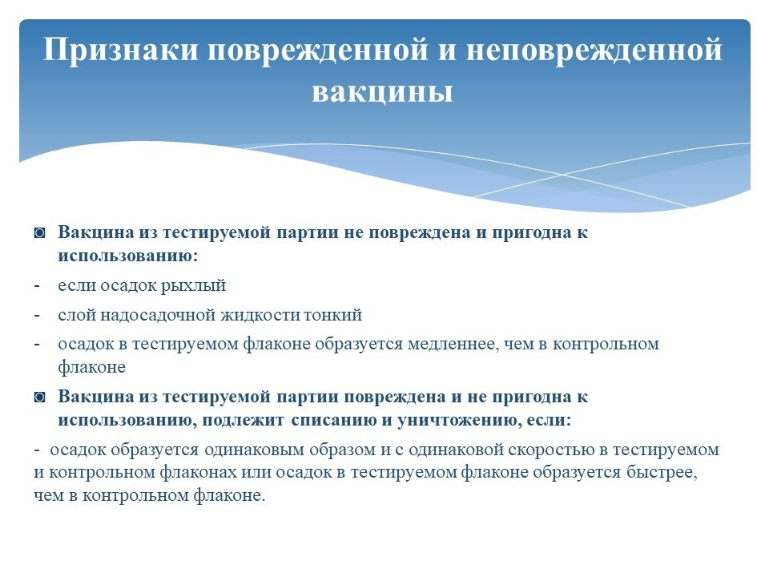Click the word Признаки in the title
pos(120,50)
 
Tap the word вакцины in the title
pos(382,91)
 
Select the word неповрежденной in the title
pos(594,50)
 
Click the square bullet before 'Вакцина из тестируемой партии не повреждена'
pos(40,233)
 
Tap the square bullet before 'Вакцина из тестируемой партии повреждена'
pos(40,397)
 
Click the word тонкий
pos(332,314)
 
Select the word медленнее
pos(453,344)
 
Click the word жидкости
pos(261,314)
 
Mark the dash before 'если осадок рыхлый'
pos(37,285)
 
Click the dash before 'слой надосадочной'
pos(37,314)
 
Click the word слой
pos(77,314)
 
